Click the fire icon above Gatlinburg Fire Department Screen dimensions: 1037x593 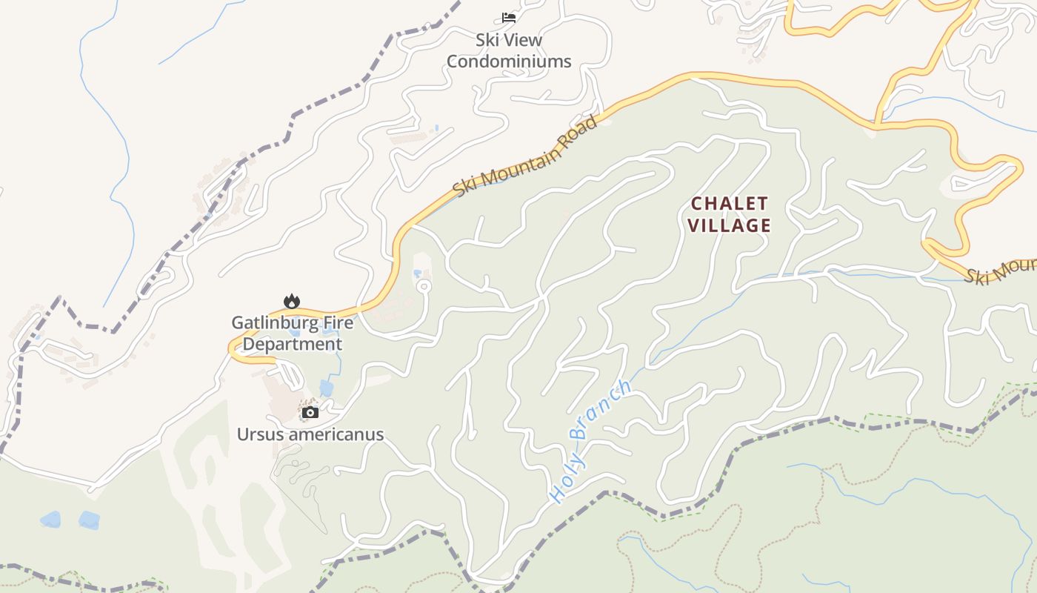(x=292, y=301)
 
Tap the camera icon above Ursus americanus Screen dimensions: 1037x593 (x=310, y=412)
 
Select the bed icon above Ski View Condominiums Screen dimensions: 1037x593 (x=508, y=17)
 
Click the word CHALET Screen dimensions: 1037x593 (x=730, y=203)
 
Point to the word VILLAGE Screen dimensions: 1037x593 (x=730, y=225)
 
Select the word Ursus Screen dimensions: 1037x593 (x=260, y=434)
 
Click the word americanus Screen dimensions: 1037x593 (x=336, y=434)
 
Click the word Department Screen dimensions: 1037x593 (x=293, y=344)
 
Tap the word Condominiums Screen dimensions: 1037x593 (x=509, y=62)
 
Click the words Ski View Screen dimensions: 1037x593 (x=509, y=40)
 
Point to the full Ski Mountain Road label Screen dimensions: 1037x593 (x=525, y=156)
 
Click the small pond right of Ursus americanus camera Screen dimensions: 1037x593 (x=326, y=388)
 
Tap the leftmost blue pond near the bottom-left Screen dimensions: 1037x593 (x=50, y=519)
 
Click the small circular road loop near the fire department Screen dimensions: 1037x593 (x=424, y=286)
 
